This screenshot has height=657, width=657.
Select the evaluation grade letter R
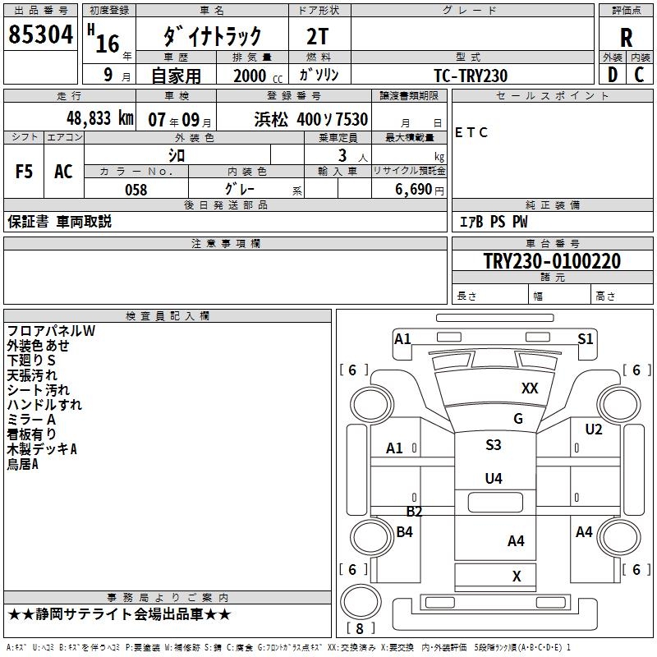pyautogui.click(x=627, y=38)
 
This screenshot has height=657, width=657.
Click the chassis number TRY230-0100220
pyautogui.click(x=551, y=261)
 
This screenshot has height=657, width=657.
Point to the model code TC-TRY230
pyautogui.click(x=471, y=76)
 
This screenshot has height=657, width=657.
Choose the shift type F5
pyautogui.click(x=25, y=172)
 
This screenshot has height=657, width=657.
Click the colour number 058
pyautogui.click(x=136, y=190)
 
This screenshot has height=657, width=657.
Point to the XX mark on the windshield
pyautogui.click(x=530, y=388)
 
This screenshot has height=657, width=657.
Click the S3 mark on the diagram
pyautogui.click(x=493, y=445)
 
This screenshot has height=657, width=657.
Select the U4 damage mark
pyautogui.click(x=493, y=478)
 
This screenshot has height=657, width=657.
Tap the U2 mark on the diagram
pyautogui.click(x=593, y=430)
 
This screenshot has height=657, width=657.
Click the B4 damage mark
pyautogui.click(x=404, y=532)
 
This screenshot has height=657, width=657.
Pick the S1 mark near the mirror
pyautogui.click(x=585, y=338)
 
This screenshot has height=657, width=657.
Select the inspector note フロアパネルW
pyautogui.click(x=52, y=331)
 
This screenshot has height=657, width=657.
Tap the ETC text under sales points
pyautogui.click(x=471, y=133)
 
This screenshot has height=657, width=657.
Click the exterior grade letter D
pyautogui.click(x=612, y=75)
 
